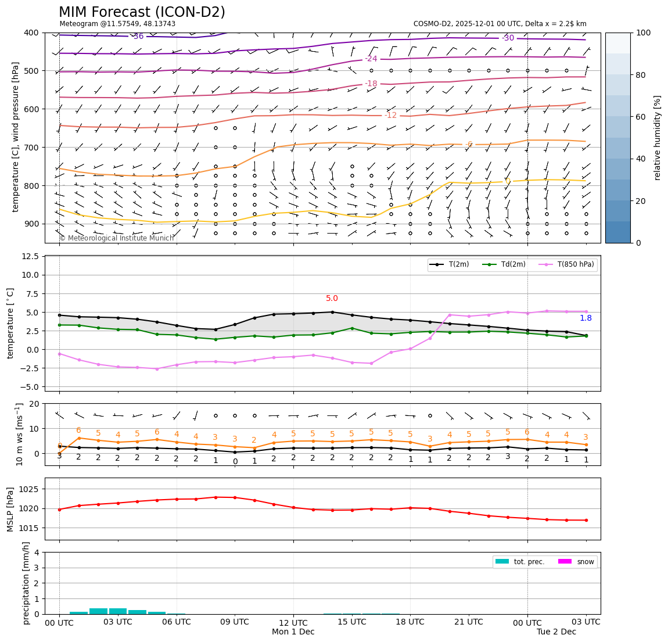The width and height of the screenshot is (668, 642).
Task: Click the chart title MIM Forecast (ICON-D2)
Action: click(x=142, y=12)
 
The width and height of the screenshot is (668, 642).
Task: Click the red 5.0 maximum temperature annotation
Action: click(x=332, y=299)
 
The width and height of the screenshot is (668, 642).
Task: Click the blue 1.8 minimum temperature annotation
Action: click(x=586, y=318)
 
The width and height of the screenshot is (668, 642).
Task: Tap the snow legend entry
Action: click(x=585, y=562)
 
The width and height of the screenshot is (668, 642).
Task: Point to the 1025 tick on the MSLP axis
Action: click(x=30, y=489)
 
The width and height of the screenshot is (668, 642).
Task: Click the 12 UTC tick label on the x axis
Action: click(x=293, y=622)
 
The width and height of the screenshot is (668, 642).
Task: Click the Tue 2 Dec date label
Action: click(x=556, y=632)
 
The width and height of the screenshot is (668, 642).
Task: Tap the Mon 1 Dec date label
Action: click(x=293, y=632)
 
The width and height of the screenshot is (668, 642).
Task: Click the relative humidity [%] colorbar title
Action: click(x=658, y=138)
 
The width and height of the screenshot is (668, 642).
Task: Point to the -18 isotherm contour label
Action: click(x=371, y=84)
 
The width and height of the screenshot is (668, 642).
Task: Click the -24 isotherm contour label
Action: click(x=371, y=59)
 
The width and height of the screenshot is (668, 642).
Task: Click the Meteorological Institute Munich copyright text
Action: click(x=116, y=238)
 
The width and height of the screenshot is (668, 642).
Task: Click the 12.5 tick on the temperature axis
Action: click(x=30, y=256)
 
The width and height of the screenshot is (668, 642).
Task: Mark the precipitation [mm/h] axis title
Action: click(x=26, y=583)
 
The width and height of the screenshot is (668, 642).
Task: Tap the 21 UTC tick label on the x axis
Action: click(x=469, y=622)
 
